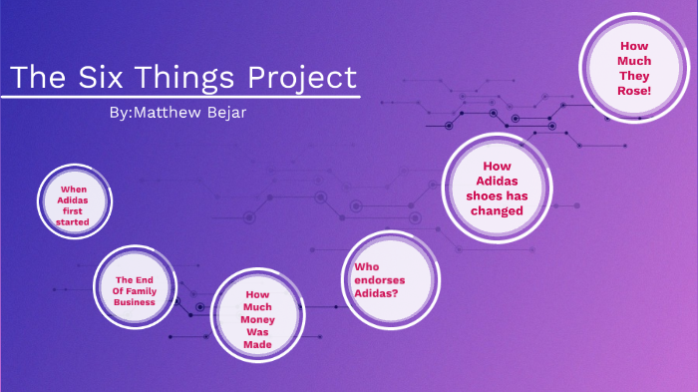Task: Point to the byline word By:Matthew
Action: click(x=153, y=111)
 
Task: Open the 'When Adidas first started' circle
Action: click(x=74, y=204)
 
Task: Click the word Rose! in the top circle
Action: click(x=634, y=91)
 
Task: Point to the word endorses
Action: click(x=380, y=280)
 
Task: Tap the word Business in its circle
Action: click(x=135, y=301)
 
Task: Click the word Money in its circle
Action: click(x=257, y=319)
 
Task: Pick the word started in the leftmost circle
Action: click(x=74, y=221)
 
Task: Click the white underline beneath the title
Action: click(x=179, y=97)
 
